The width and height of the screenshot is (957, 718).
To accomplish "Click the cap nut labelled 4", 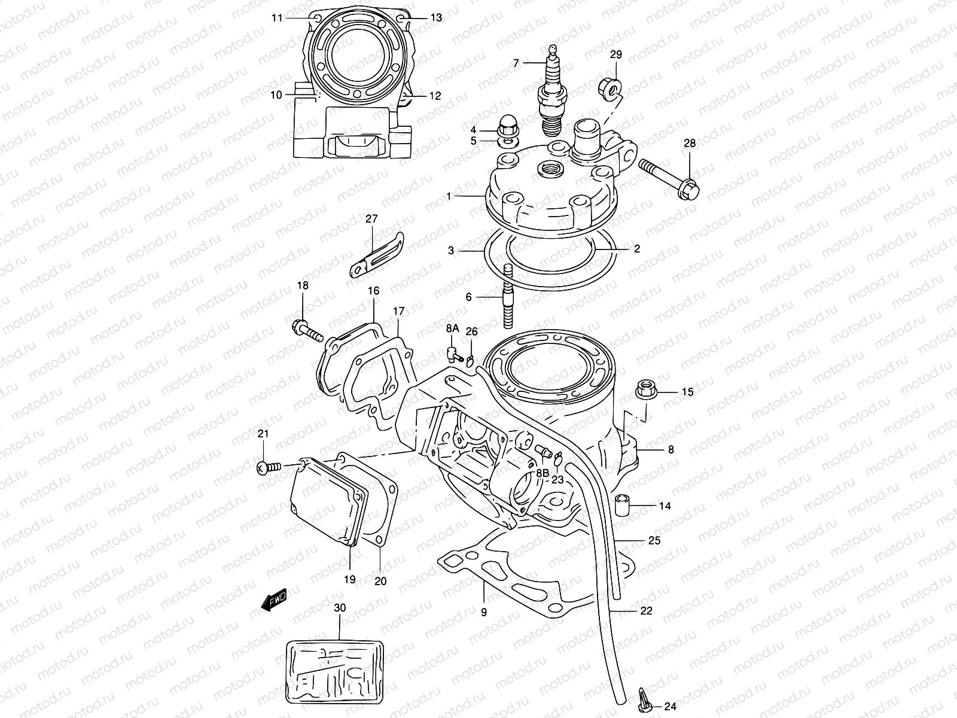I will coord(506,126).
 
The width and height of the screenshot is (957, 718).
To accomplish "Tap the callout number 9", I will coord(483,612).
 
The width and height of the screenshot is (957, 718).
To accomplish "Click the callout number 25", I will coord(654,540).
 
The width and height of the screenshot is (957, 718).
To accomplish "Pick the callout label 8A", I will coord(452,328).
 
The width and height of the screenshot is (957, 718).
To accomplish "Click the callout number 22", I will coord(645,611).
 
